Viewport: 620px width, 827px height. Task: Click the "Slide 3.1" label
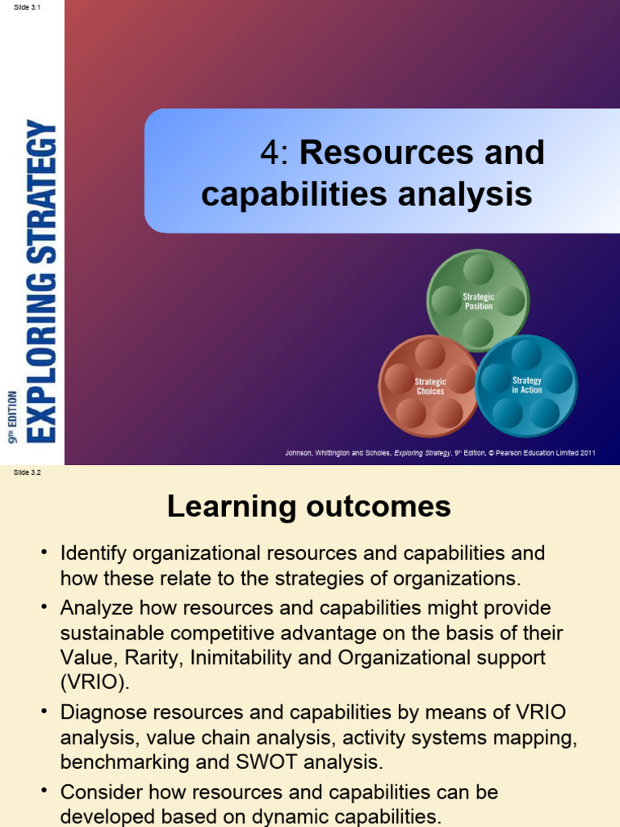pos(27,7)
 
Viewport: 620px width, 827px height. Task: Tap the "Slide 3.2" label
pos(27,473)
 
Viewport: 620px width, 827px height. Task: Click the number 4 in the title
pos(269,153)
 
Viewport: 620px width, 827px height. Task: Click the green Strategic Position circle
pos(478,301)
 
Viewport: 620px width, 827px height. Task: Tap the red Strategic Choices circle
pos(430,386)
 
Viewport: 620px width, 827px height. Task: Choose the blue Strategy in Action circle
pos(526,385)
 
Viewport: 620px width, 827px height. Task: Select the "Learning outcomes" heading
pos(308,507)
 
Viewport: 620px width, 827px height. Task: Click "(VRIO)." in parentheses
pos(94,682)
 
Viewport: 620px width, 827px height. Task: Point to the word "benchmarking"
pos(118,762)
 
